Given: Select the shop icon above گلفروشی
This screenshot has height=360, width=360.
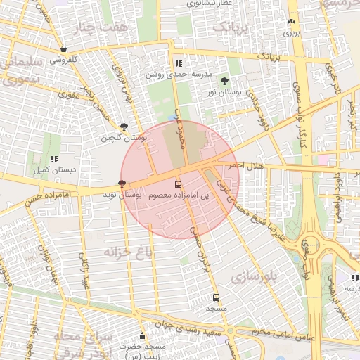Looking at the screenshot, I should click(64, 49).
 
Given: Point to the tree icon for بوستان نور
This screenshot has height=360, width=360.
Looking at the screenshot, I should click(224, 81).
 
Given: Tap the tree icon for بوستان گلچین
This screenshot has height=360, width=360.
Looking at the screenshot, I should click(124, 127).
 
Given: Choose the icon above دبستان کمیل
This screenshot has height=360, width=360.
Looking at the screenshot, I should click(54, 159).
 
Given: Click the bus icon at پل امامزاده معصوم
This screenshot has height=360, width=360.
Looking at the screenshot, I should click(177, 181).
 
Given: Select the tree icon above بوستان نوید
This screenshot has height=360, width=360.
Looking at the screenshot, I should click(122, 183).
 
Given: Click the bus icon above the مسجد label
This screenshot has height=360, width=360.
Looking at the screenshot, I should click(216, 297).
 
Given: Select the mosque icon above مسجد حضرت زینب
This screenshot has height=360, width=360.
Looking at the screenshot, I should click(142, 336).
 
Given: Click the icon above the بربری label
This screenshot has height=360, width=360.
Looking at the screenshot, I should click(291, 22).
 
